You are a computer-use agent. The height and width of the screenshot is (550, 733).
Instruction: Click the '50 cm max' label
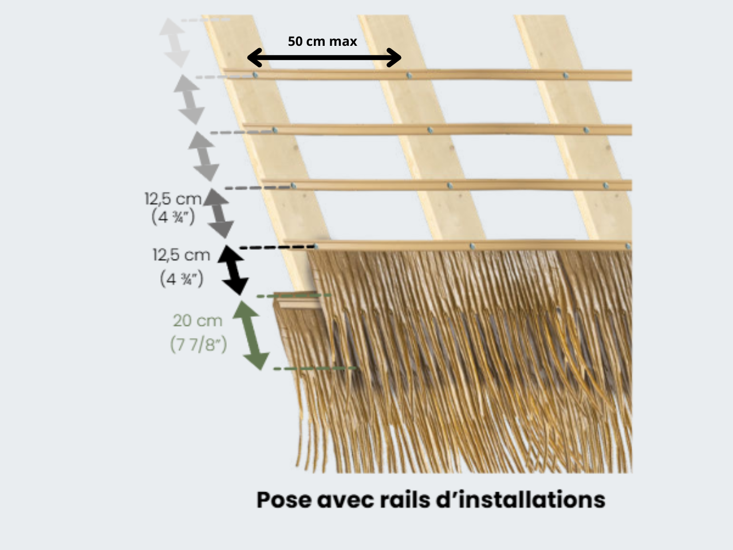(322, 41)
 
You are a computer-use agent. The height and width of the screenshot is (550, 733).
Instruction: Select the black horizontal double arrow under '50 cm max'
(324, 57)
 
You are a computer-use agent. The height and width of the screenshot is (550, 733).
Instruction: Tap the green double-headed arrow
(251, 335)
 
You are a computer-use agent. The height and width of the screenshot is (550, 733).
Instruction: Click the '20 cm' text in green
(198, 321)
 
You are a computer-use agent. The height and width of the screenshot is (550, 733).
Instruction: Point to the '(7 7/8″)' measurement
(198, 344)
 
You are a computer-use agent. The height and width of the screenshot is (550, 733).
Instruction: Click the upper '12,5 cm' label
(173, 199)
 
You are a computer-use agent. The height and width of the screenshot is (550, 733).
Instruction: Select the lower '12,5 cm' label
(181, 254)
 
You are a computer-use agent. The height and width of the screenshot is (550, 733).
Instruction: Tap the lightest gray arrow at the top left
(174, 42)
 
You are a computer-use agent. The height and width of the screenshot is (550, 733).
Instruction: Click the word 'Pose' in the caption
(283, 500)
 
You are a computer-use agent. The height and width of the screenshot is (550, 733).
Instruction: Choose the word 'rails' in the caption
(405, 500)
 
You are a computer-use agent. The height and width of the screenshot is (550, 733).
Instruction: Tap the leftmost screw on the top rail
(255, 75)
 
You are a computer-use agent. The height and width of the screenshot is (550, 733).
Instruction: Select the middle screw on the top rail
(408, 75)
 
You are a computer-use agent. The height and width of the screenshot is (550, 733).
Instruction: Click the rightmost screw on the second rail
(586, 130)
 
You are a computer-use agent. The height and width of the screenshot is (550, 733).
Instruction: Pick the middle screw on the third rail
(450, 186)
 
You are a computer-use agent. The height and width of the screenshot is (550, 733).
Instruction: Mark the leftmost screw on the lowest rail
(316, 246)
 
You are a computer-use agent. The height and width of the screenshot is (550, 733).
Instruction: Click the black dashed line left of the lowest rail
(275, 247)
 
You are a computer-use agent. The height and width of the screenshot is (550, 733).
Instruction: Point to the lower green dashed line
(315, 368)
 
